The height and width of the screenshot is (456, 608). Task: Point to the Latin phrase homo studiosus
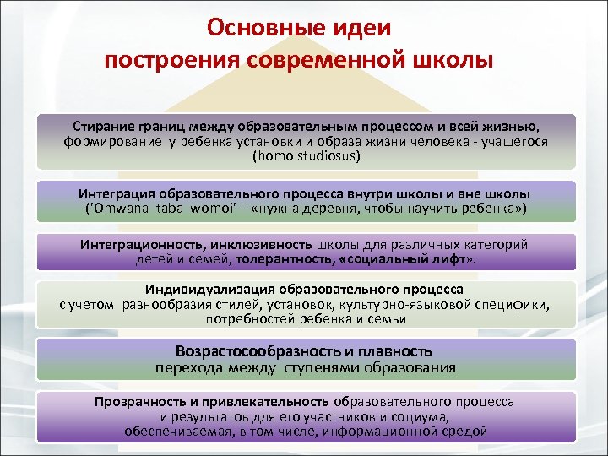(x=306, y=156)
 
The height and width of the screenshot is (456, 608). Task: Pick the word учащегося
(x=513, y=142)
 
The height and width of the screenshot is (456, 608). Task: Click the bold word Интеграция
(x=122, y=192)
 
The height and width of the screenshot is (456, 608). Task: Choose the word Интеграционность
(x=138, y=244)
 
